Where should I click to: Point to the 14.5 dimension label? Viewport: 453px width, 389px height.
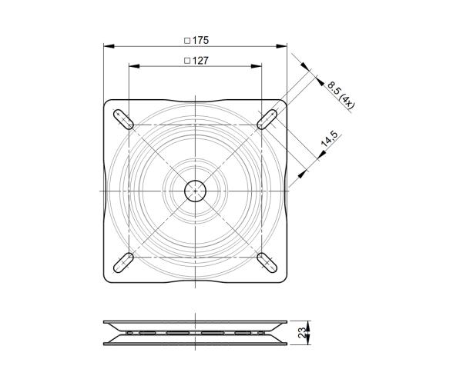[x=329, y=140]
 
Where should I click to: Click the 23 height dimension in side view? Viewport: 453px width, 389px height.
[x=303, y=332]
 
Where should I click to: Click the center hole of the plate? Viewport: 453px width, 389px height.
[x=196, y=190]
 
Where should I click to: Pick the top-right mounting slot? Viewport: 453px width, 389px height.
[x=267, y=118]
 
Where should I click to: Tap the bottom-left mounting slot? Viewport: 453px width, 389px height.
[x=123, y=262]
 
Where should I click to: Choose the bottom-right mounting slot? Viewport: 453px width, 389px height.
[x=267, y=262]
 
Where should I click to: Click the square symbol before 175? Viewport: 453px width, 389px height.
[x=186, y=40]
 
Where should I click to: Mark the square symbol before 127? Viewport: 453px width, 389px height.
[x=186, y=60]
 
